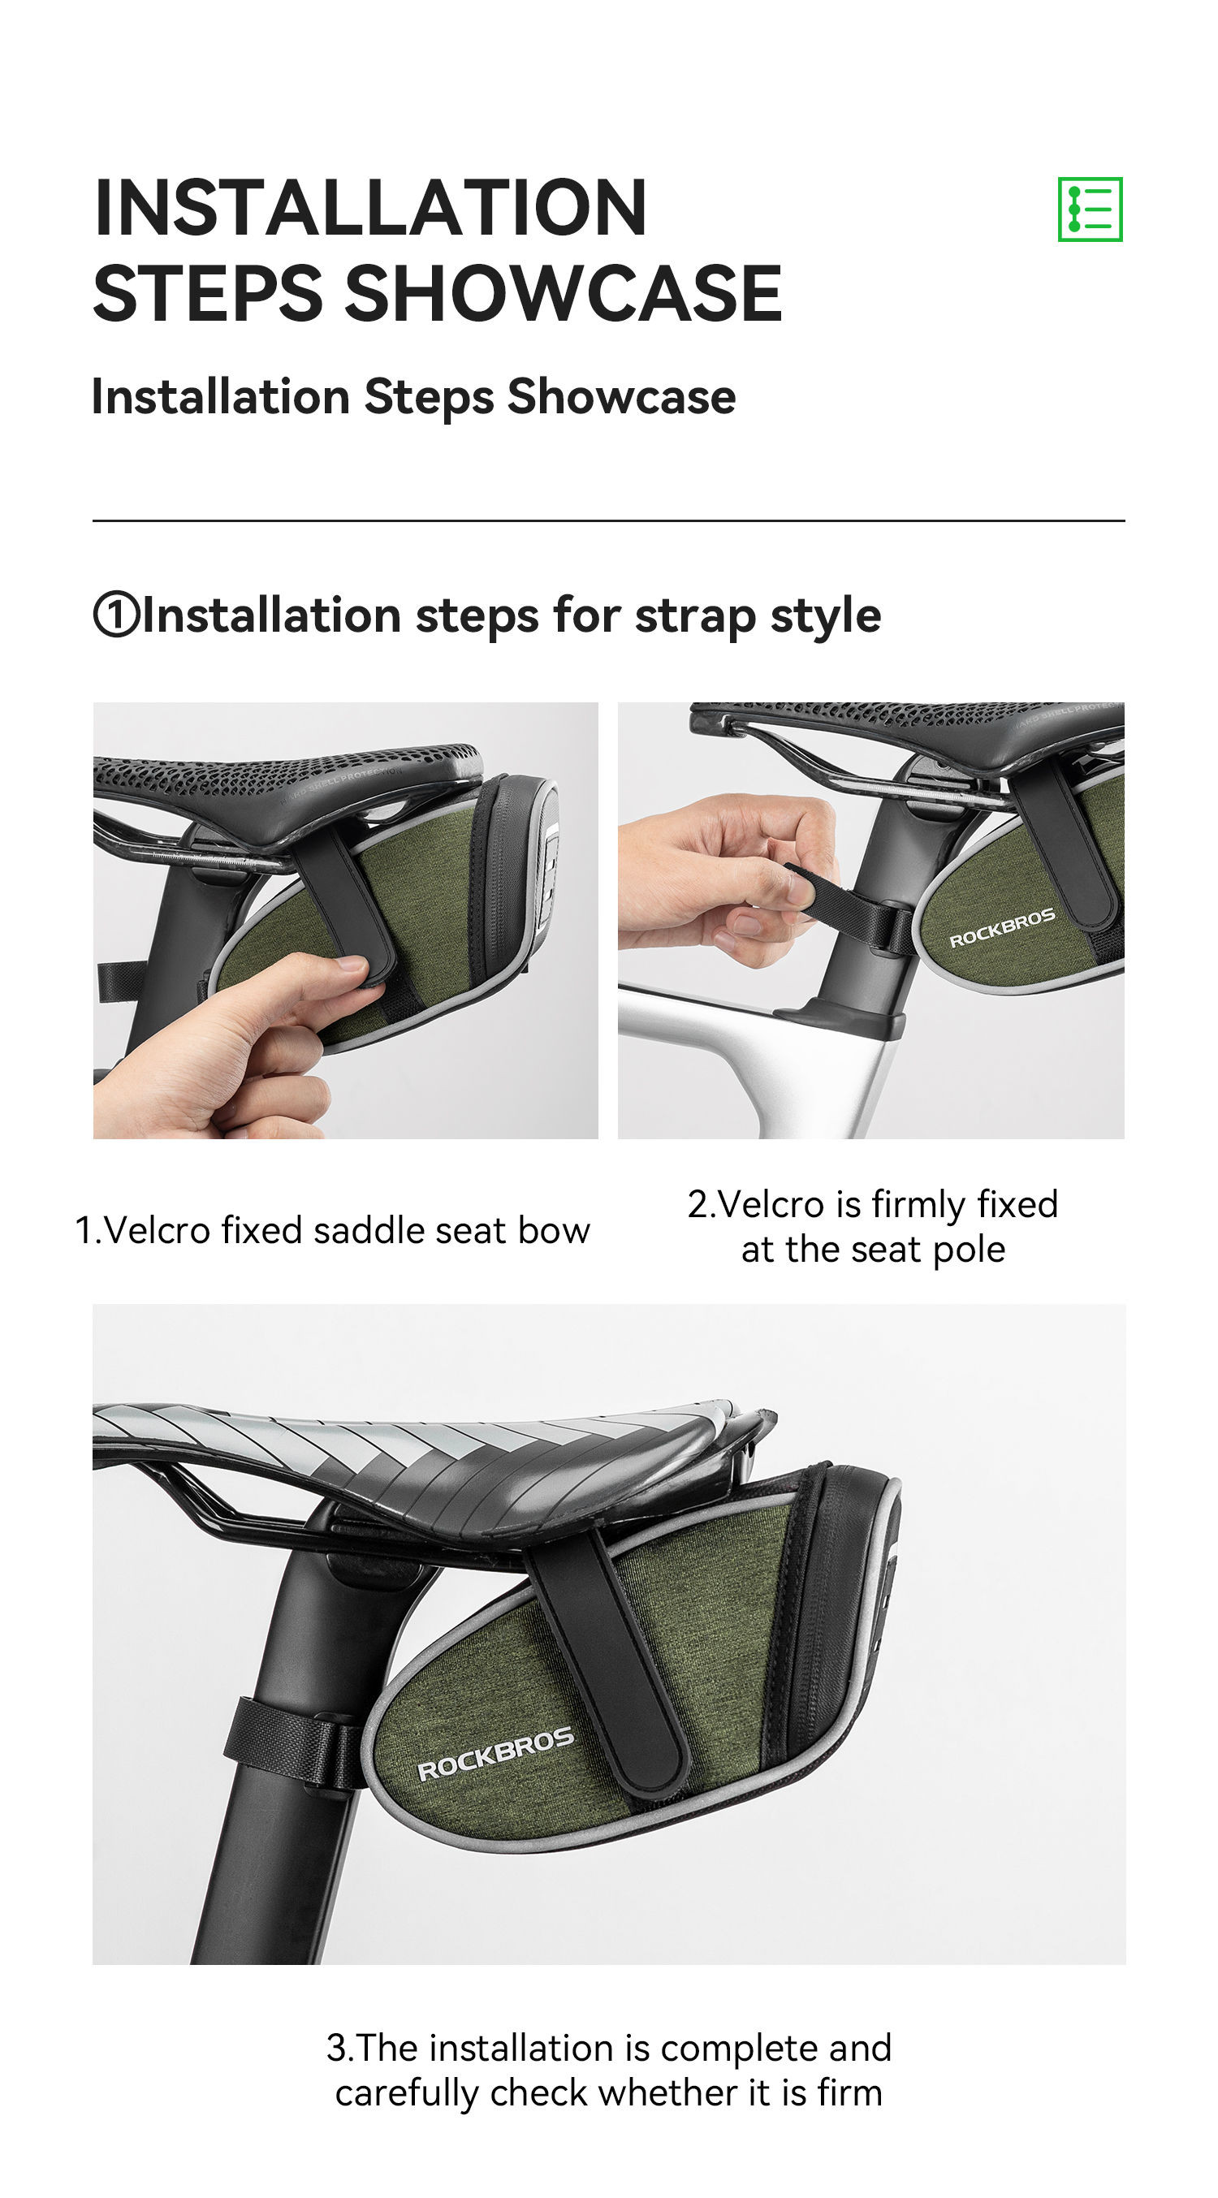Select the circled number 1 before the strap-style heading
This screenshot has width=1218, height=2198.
(116, 615)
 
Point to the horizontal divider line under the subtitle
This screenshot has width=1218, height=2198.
(608, 520)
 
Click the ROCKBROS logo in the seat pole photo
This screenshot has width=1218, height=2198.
(1002, 927)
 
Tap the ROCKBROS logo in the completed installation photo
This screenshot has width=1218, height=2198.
(496, 1755)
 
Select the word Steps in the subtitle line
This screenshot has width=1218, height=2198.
(430, 398)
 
